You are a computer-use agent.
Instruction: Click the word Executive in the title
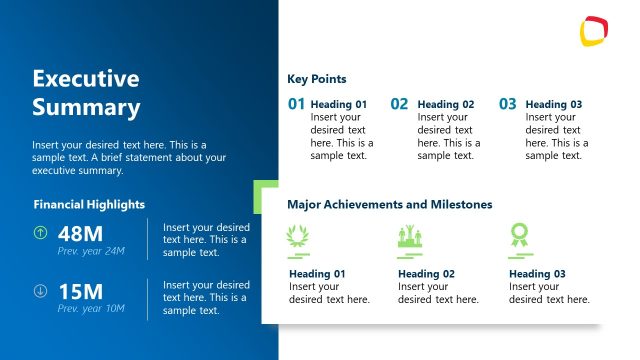pyautogui.click(x=85, y=79)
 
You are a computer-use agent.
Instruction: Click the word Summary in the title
pyautogui.click(x=85, y=107)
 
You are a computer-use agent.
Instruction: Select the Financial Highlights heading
pyautogui.click(x=89, y=204)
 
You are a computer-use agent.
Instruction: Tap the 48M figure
pyautogui.click(x=80, y=233)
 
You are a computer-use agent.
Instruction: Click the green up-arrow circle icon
pyautogui.click(x=40, y=233)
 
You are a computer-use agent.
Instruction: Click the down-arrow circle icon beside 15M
pyautogui.click(x=40, y=291)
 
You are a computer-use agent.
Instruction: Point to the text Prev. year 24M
pyautogui.click(x=91, y=250)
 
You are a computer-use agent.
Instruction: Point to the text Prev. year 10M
pyautogui.click(x=91, y=308)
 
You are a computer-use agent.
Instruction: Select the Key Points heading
pyautogui.click(x=317, y=79)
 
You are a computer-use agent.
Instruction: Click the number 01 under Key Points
pyautogui.click(x=296, y=103)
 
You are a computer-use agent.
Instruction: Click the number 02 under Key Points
pyautogui.click(x=399, y=103)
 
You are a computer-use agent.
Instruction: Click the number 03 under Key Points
pyautogui.click(x=507, y=103)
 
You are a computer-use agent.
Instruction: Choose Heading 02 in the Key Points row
pyautogui.click(x=445, y=104)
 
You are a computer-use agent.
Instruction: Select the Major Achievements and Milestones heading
pyautogui.click(x=389, y=204)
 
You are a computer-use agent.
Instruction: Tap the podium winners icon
pyautogui.click(x=411, y=236)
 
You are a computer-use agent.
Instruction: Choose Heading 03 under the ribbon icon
pyautogui.click(x=537, y=274)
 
